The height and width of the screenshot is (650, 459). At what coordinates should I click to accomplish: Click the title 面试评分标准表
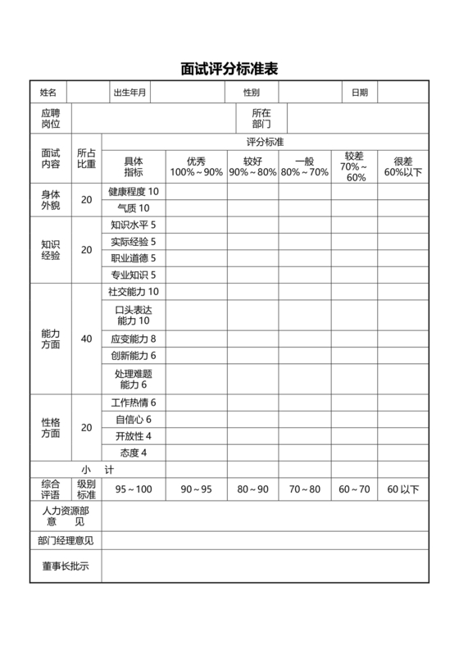pyautogui.click(x=229, y=69)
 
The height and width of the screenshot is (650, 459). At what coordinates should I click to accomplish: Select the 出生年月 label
pyautogui.click(x=130, y=93)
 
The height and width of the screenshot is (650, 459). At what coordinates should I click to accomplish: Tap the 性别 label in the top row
pyautogui.click(x=251, y=93)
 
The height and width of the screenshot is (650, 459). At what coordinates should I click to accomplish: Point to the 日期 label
pyautogui.click(x=360, y=93)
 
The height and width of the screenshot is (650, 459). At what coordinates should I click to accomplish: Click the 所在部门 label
pyautogui.click(x=261, y=118)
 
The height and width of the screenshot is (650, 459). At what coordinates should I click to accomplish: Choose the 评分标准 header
pyautogui.click(x=265, y=142)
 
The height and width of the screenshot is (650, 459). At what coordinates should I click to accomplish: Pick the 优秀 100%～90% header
pyautogui.click(x=196, y=166)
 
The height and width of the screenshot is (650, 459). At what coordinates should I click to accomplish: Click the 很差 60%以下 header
pyautogui.click(x=402, y=166)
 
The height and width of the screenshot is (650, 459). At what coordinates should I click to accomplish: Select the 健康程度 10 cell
pyautogui.click(x=134, y=191)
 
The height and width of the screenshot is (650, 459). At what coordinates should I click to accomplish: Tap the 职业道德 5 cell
pyautogui.click(x=134, y=258)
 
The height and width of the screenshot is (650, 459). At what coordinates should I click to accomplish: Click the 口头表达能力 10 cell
pyautogui.click(x=134, y=315)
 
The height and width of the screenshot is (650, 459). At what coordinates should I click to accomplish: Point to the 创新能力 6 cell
pyautogui.click(x=134, y=356)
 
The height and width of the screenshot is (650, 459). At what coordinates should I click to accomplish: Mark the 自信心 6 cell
pyautogui.click(x=134, y=420)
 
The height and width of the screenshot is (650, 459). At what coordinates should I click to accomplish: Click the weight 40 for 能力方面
pyautogui.click(x=86, y=339)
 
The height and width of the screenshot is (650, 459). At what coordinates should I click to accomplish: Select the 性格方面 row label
pyautogui.click(x=51, y=427)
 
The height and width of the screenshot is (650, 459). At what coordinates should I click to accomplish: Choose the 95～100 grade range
pyautogui.click(x=134, y=489)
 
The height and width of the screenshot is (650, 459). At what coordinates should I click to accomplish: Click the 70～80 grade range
pyautogui.click(x=305, y=489)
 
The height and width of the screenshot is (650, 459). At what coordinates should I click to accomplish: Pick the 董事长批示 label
pyautogui.click(x=66, y=566)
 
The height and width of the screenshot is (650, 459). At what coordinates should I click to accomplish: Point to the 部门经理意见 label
pyautogui.click(x=66, y=540)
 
